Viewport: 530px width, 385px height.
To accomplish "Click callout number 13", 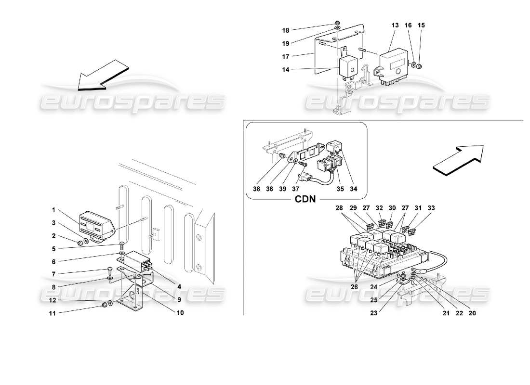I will click(395, 25).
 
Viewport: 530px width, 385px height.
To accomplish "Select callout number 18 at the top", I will click(285, 30).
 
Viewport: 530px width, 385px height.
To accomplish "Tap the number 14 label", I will click(285, 70).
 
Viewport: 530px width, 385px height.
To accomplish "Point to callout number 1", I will click(54, 210).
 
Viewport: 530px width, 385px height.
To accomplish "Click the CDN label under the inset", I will click(305, 199).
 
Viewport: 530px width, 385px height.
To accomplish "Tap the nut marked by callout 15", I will click(419, 65).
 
